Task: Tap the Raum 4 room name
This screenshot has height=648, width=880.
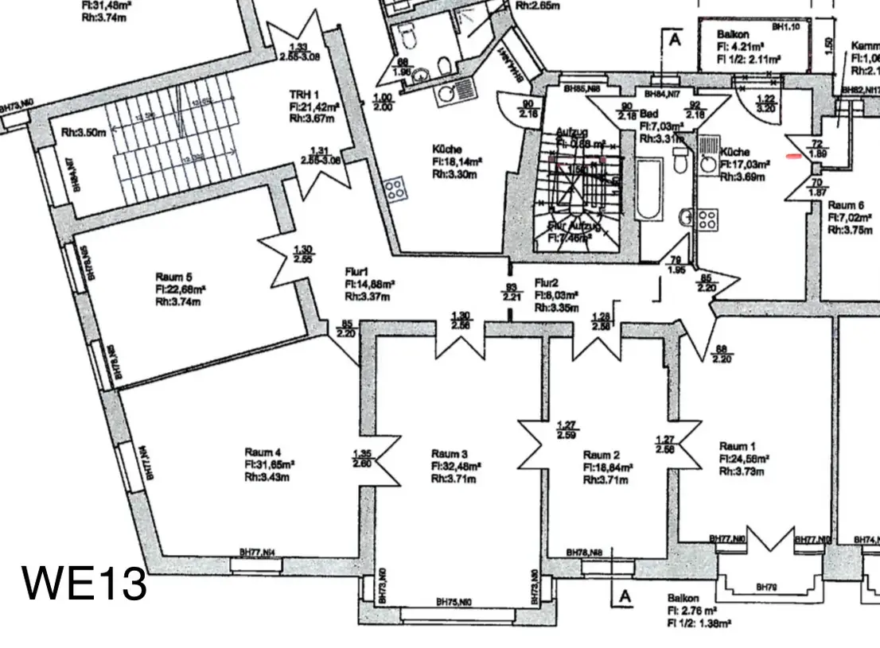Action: click(263, 450)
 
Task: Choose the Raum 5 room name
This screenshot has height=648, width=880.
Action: click(173, 277)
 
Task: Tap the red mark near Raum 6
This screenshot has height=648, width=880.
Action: click(793, 157)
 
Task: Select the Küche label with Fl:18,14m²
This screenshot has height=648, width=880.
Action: click(447, 149)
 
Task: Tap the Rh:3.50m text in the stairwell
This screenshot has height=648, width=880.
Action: click(84, 133)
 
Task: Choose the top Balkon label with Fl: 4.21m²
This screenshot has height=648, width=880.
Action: click(731, 34)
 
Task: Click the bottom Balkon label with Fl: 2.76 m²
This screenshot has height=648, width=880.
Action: click(683, 598)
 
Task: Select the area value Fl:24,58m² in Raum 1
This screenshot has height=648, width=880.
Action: click(746, 459)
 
